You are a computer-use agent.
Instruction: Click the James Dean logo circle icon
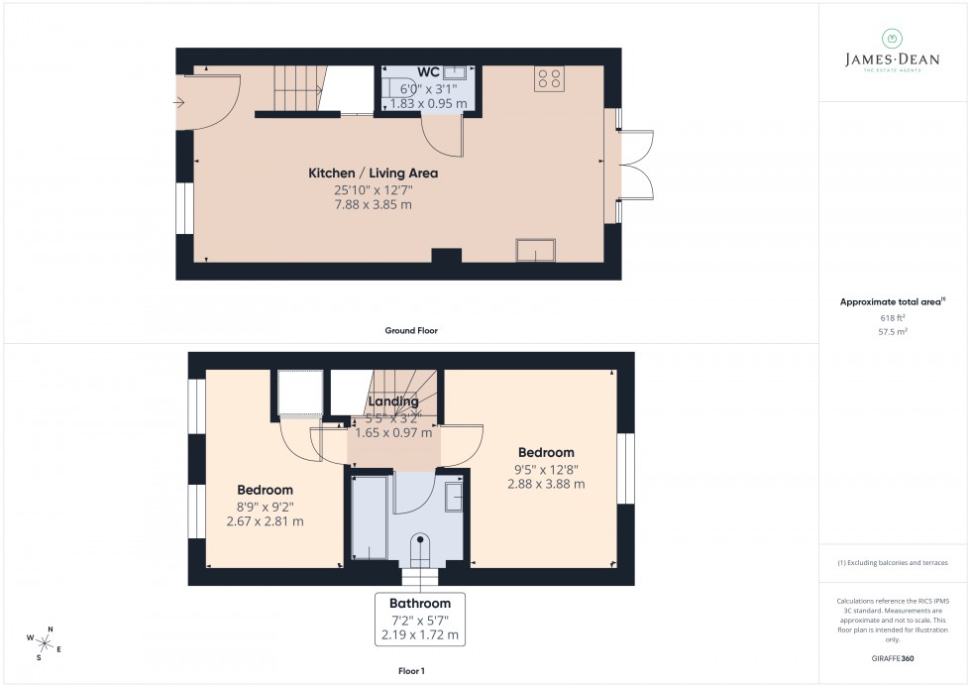(892, 39)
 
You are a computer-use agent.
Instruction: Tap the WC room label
(428, 71)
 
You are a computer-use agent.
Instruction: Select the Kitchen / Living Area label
(372, 172)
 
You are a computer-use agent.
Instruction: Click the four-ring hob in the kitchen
(549, 78)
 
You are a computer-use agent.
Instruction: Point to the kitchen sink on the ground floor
(536, 251)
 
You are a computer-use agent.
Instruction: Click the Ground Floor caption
(411, 330)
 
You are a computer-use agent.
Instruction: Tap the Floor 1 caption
(410, 671)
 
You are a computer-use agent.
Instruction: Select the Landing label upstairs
(393, 401)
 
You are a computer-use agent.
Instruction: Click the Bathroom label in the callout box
(420, 603)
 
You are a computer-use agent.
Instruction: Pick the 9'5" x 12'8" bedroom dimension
(545, 469)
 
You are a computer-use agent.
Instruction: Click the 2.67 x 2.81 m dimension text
(265, 521)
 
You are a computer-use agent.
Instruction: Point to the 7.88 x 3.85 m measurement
(372, 204)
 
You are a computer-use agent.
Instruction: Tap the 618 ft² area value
(893, 317)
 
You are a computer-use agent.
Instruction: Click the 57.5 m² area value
(893, 332)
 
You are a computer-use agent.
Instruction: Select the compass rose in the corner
(44, 639)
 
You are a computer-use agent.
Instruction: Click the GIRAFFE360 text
(893, 657)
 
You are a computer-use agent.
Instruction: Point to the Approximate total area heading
(892, 301)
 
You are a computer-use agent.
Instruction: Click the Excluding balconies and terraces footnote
(893, 562)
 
